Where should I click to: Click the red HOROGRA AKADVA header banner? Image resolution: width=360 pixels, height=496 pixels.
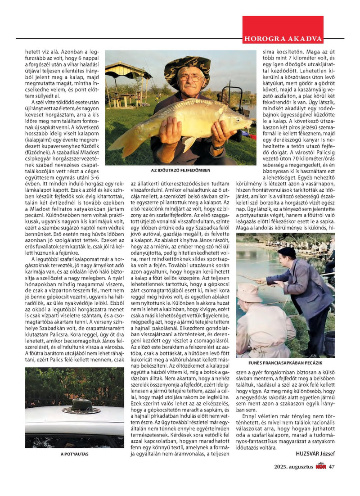click(283, 38)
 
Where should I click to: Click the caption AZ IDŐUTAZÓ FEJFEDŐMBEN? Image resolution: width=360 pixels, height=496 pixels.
click(181, 171)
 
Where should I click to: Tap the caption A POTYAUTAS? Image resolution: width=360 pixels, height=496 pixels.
click(75, 454)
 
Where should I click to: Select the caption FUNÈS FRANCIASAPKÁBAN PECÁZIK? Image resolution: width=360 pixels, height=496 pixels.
click(286, 362)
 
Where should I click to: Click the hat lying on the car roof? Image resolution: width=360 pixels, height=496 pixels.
click(81, 407)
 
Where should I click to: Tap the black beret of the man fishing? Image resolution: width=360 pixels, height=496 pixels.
click(287, 252)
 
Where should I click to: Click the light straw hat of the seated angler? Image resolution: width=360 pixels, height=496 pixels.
click(249, 292)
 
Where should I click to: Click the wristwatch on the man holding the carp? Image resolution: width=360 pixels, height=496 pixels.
click(219, 147)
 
